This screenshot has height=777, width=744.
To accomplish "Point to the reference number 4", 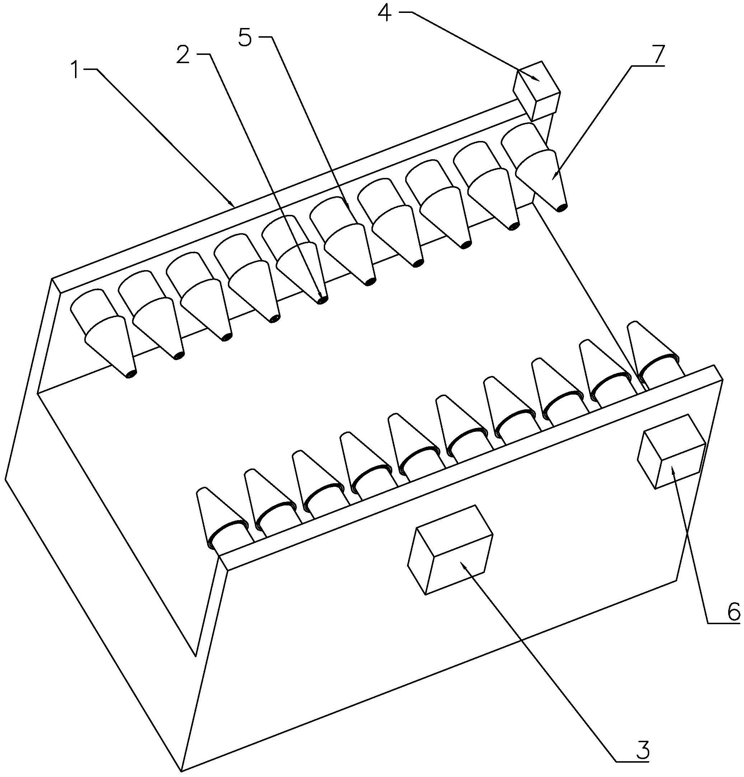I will point(384,13).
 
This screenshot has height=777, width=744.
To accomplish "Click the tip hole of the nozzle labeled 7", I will point(560,207).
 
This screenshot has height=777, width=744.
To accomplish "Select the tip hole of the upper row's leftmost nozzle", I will point(130,374).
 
